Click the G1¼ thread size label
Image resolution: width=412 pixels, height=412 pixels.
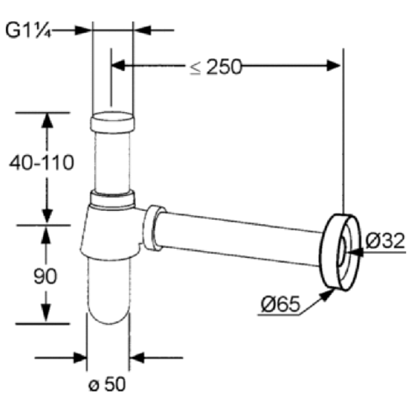click(x=28, y=30)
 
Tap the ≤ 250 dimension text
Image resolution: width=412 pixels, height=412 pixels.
click(x=216, y=67)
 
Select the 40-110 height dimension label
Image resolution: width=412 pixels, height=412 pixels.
click(x=42, y=162)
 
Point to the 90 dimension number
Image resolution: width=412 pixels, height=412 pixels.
click(x=45, y=276)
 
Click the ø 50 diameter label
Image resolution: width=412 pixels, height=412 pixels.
click(x=107, y=384)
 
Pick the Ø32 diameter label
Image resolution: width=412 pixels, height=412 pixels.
click(x=386, y=241)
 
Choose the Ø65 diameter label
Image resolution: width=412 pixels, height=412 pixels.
click(x=280, y=304)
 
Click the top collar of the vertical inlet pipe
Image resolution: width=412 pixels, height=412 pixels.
click(x=112, y=123)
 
